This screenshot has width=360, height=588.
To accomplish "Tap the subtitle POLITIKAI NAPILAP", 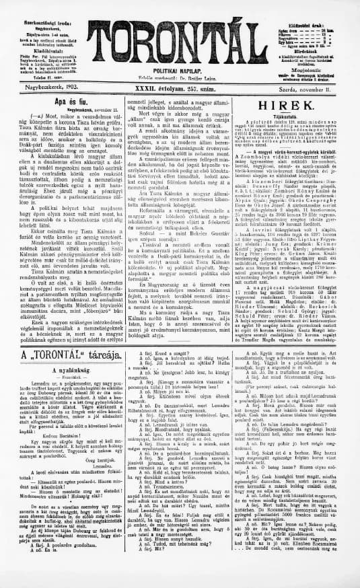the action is click(180, 70).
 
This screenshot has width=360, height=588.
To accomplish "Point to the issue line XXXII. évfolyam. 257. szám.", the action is click(179, 87).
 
